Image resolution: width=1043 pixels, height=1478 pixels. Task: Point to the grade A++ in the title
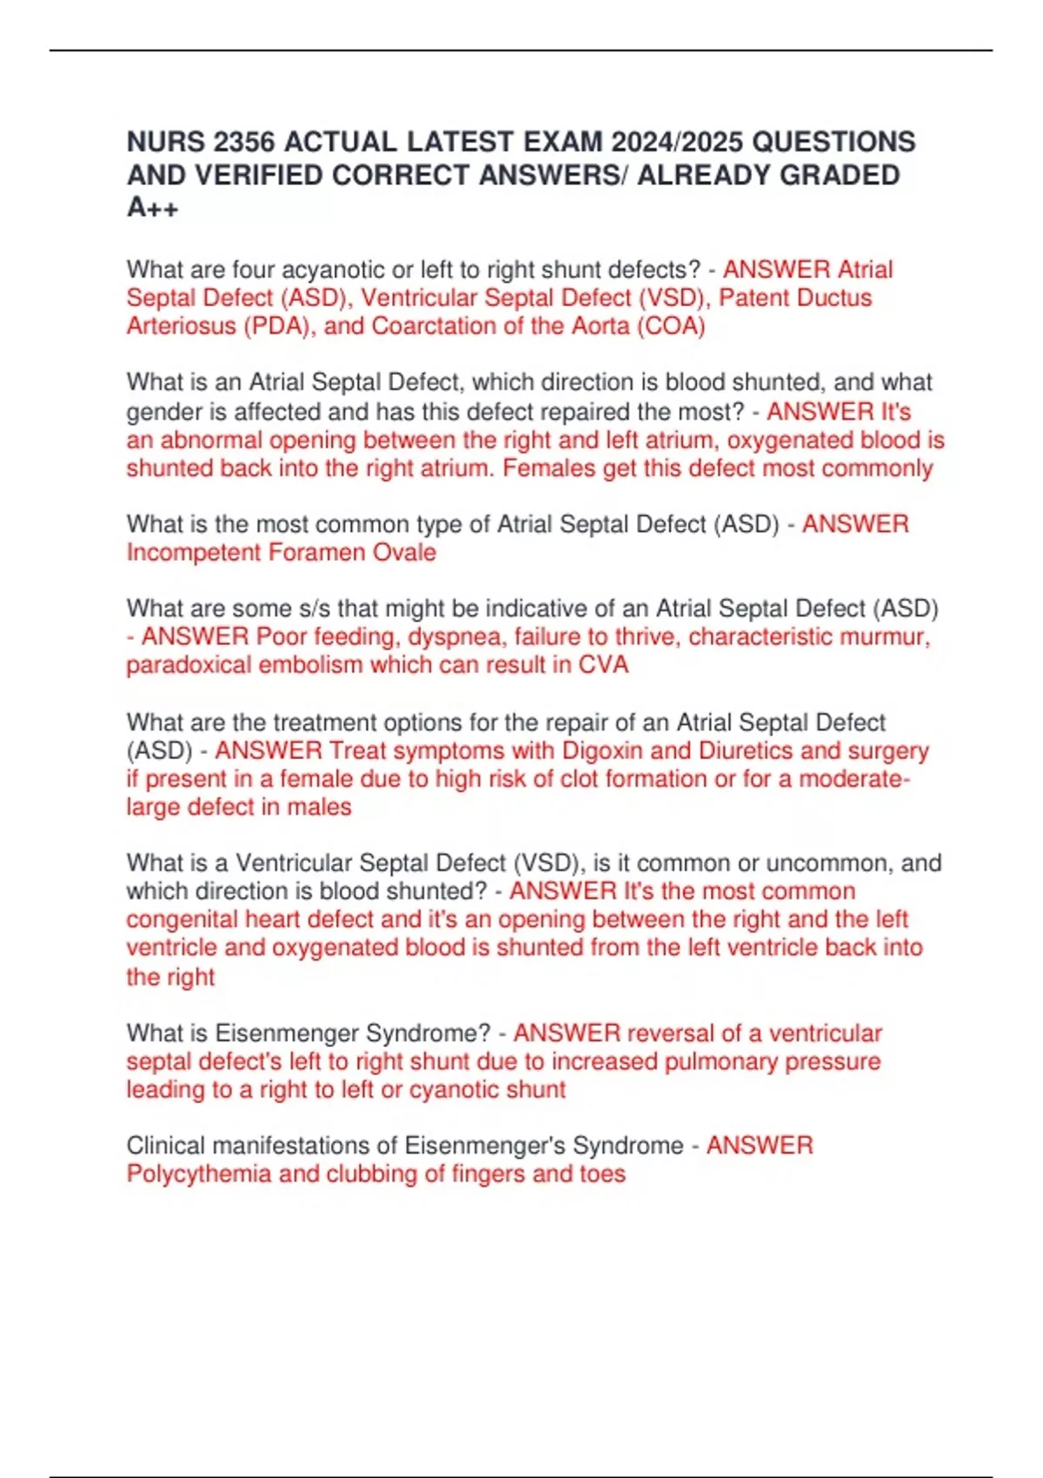pyautogui.click(x=153, y=208)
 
